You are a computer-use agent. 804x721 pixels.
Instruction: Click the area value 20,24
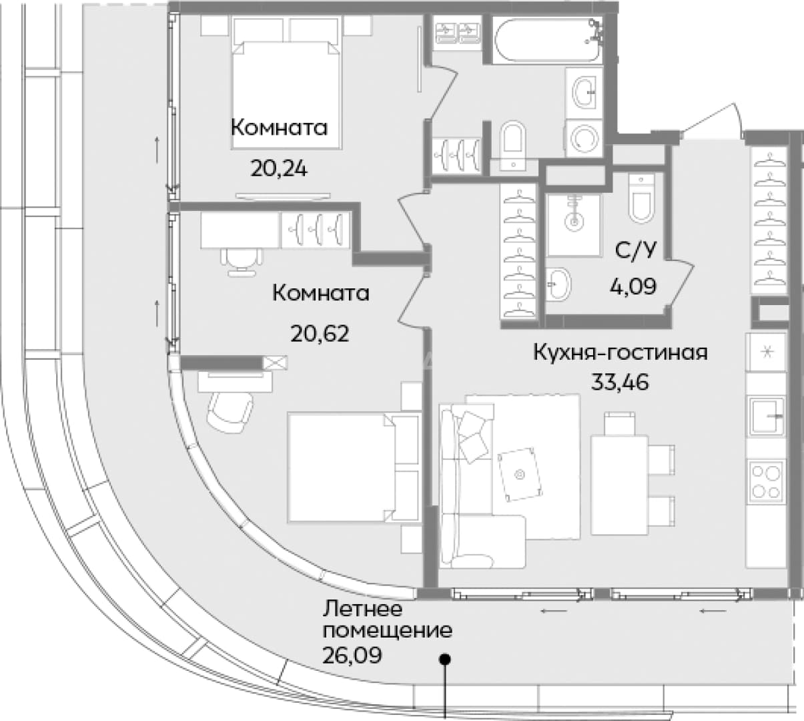coord(279,169)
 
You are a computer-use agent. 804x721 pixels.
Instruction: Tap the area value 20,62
coord(320,334)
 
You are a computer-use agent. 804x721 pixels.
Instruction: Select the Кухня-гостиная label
coord(621,352)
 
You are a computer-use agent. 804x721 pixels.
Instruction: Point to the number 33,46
coord(621,383)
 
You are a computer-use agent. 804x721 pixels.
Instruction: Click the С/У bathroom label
coord(636,250)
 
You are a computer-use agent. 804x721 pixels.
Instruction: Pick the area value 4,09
coord(633,286)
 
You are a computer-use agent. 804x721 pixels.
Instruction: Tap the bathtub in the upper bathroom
coord(547,39)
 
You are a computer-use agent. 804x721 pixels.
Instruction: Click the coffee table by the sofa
coord(520,474)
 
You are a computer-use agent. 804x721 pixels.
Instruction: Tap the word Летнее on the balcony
coord(362,609)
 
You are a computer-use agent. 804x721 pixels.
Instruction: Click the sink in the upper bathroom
coord(584,92)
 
